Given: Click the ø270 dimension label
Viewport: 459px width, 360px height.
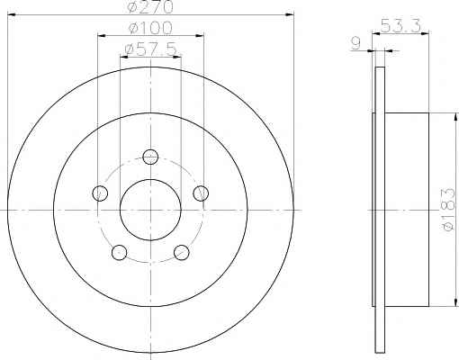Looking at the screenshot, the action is point(150,6).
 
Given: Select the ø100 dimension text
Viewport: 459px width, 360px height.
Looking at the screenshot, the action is point(150,28).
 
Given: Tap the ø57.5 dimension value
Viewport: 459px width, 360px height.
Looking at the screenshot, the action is point(151,49).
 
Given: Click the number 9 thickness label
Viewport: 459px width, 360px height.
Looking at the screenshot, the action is point(355,43).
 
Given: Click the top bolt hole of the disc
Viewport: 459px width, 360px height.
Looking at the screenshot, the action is point(150,157).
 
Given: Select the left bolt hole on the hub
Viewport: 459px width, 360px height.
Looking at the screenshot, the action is point(100,193).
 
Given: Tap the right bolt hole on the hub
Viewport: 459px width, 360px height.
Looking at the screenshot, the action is point(201,193).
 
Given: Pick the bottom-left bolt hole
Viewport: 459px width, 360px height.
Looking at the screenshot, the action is point(119,252).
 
